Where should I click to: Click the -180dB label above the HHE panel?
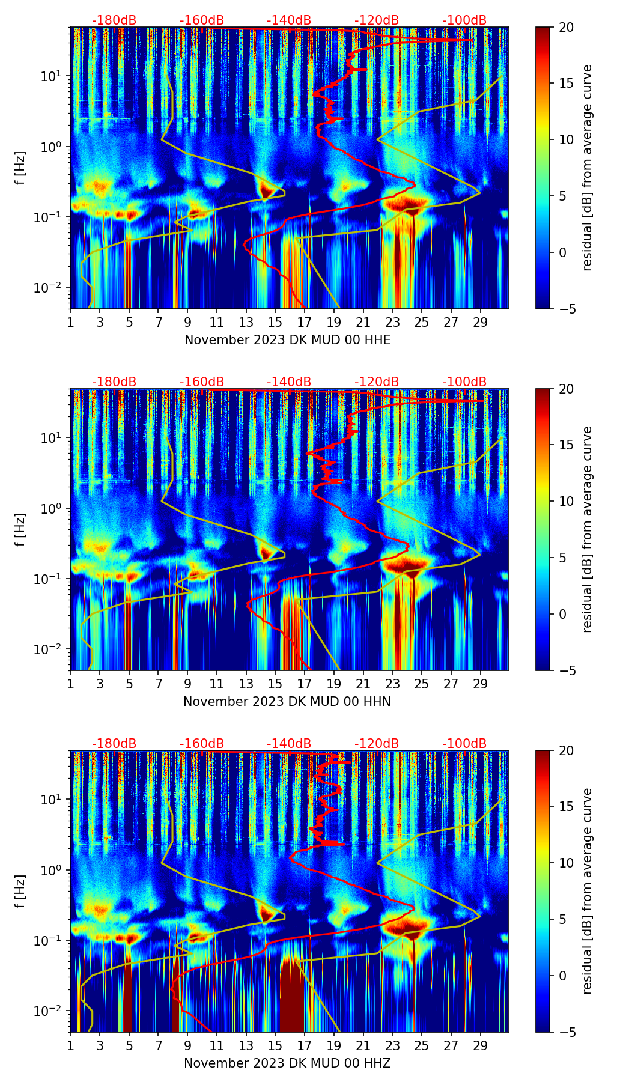(x=114, y=20)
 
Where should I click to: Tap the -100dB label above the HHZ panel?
(x=464, y=744)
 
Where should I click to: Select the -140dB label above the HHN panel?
(x=289, y=382)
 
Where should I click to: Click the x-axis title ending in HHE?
(x=287, y=340)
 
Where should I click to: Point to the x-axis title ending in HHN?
(x=287, y=702)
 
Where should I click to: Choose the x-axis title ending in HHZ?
(x=287, y=1063)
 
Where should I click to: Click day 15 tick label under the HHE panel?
(x=275, y=323)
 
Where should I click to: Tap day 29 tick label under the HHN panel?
(x=480, y=684)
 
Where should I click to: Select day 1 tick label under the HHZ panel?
(x=71, y=1046)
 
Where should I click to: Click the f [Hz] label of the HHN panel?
(x=20, y=529)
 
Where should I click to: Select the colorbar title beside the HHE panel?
(x=588, y=168)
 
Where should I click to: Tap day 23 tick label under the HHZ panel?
(x=392, y=1046)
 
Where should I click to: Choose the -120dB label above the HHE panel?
(x=377, y=20)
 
